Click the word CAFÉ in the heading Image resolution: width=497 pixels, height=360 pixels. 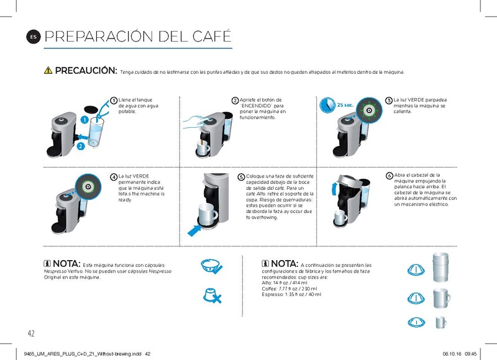(x=204, y=36)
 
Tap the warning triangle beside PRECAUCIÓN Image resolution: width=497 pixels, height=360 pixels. (x=48, y=71)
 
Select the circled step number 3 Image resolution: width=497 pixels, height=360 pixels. (x=388, y=101)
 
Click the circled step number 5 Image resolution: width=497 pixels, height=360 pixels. (x=241, y=177)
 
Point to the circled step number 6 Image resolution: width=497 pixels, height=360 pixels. (x=388, y=176)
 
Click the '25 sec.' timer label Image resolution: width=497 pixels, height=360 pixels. (x=345, y=105)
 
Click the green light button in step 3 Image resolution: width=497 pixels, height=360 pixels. (x=368, y=109)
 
